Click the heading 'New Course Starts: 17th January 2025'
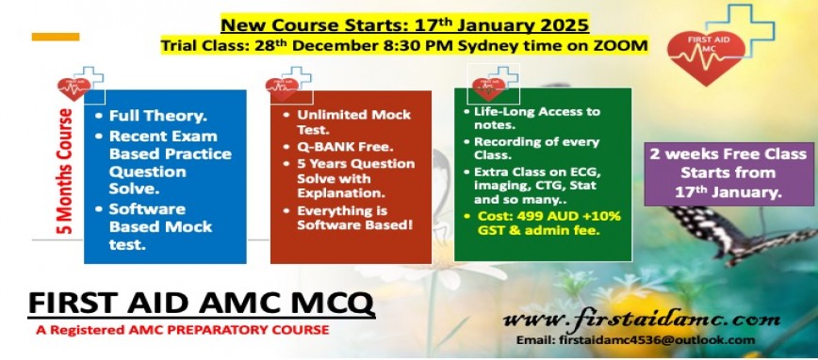click(x=405, y=25)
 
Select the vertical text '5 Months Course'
click(x=67, y=172)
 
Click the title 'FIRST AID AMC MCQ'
click(x=201, y=303)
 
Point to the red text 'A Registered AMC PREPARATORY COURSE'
click(x=182, y=330)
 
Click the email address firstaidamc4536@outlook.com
click(x=636, y=340)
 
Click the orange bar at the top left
click(x=56, y=37)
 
